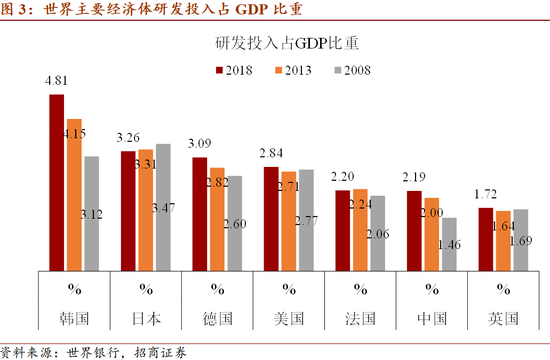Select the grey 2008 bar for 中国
coord(448,246)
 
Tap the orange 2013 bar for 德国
coord(218,221)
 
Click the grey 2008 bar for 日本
coord(164,209)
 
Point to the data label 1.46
coord(448,243)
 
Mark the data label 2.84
coord(271,155)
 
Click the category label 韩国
coord(74,319)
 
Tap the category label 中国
coord(431,319)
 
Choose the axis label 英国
coord(503,319)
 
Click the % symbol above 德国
coord(217,290)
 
